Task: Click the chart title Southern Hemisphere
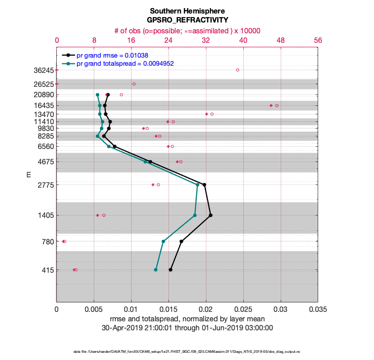click(187, 10)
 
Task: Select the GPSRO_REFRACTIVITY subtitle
click(187, 20)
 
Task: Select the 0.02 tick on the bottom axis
click(206, 310)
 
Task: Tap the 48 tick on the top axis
click(281, 40)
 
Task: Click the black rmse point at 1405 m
click(210, 216)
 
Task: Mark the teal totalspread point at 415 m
click(155, 270)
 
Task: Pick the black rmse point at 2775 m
click(205, 184)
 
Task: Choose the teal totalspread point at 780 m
click(163, 242)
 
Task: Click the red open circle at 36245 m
click(237, 70)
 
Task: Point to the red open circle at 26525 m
click(134, 84)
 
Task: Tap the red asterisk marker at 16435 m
click(271, 105)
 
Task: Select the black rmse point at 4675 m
click(150, 161)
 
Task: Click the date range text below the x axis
click(187, 328)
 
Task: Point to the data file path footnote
click(187, 351)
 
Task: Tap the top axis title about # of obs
click(187, 31)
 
